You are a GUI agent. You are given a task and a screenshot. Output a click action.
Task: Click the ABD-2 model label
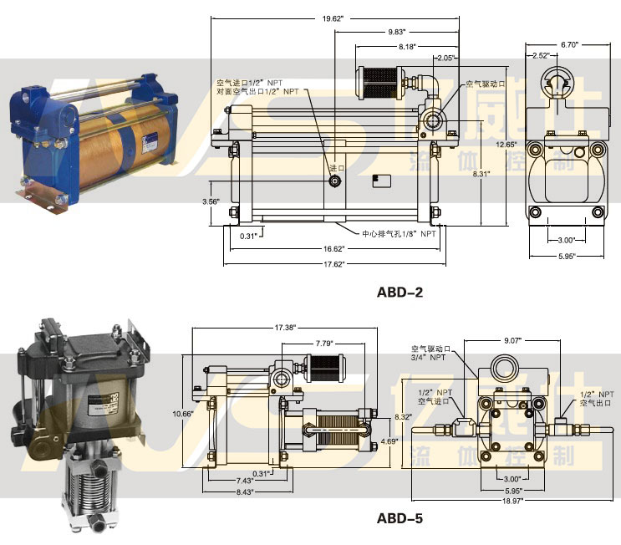pyautogui.click(x=400, y=292)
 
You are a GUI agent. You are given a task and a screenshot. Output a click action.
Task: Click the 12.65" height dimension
pyautogui.click(x=505, y=145)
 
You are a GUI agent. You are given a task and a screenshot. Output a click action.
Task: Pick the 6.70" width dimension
pyautogui.click(x=569, y=43)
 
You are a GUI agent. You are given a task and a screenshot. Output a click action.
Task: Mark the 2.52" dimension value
pyautogui.click(x=540, y=56)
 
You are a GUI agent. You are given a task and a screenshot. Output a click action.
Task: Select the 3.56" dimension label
pyautogui.click(x=211, y=201)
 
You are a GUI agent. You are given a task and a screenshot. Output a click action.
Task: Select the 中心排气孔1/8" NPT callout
pyautogui.click(x=399, y=233)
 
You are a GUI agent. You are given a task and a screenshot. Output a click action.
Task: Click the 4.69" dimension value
pyautogui.click(x=389, y=441)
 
